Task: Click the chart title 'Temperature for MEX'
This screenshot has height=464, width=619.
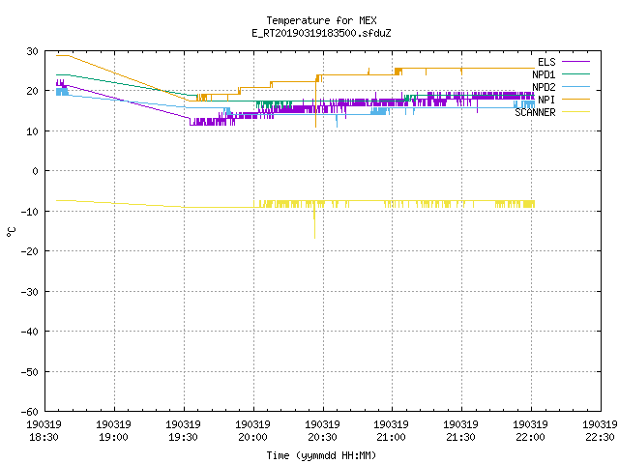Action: (321, 20)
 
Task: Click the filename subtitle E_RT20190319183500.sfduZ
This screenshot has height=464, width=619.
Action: (321, 33)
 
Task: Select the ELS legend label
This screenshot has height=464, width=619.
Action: (546, 62)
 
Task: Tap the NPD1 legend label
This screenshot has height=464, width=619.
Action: (544, 74)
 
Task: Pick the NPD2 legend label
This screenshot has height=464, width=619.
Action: (544, 87)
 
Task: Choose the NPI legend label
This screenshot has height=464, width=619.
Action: (546, 100)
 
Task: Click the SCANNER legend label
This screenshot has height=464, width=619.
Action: (535, 112)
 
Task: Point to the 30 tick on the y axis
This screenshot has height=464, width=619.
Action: (32, 51)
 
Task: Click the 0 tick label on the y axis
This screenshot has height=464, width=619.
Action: (36, 171)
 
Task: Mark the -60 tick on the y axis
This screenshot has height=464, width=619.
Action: (30, 412)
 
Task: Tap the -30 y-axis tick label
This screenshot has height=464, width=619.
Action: (30, 292)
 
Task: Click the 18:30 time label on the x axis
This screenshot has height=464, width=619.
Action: (44, 437)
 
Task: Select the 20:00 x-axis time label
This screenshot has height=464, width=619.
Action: (252, 437)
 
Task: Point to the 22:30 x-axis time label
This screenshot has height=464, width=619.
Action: (600, 437)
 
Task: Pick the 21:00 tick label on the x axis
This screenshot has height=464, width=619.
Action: (391, 437)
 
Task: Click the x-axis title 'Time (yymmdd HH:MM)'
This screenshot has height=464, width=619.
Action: (321, 455)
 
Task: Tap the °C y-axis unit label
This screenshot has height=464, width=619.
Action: (12, 232)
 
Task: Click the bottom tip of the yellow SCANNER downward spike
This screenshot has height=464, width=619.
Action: (314, 239)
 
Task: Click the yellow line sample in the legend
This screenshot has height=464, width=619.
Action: (575, 112)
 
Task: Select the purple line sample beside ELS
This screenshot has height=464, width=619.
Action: (575, 62)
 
